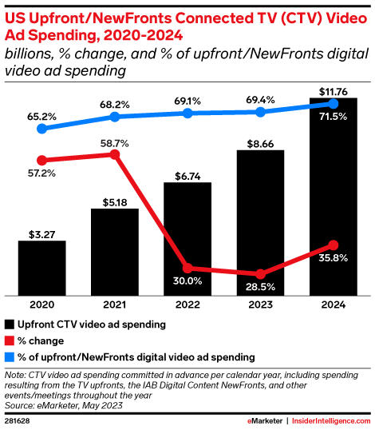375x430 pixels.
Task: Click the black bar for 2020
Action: [x=41, y=268]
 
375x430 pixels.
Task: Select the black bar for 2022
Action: [x=187, y=239]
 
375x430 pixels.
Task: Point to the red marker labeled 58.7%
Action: [x=115, y=154]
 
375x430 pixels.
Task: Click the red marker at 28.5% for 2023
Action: [x=260, y=273]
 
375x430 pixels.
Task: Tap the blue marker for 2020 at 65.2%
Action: [x=41, y=128]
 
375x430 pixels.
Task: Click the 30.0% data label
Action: [x=187, y=281]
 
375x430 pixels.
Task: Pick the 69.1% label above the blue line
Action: [x=187, y=100]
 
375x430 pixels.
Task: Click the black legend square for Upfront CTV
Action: [x=10, y=325]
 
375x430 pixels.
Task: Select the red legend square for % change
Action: [x=10, y=342]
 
